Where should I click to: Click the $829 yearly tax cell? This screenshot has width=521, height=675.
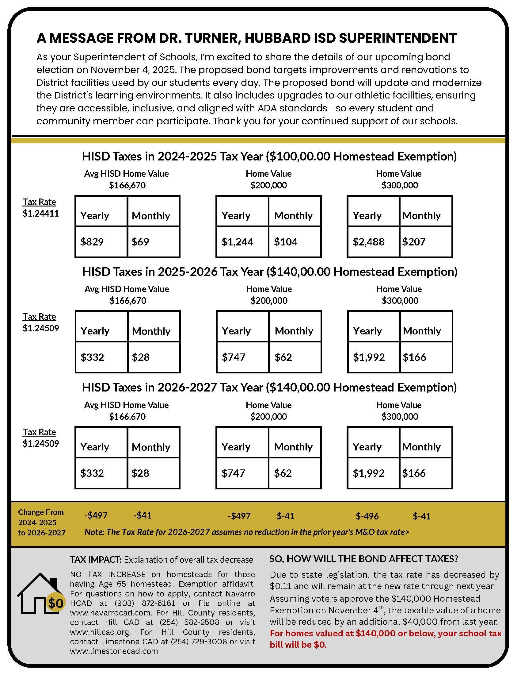tap(92, 242)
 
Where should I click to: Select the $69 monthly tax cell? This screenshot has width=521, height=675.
tap(140, 242)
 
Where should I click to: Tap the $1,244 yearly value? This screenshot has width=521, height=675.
tap(237, 242)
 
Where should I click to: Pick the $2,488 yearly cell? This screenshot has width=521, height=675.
tap(368, 242)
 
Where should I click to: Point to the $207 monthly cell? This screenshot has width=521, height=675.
tap(414, 242)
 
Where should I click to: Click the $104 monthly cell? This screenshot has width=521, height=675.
tap(286, 242)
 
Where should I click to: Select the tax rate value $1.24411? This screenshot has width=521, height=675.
tap(41, 213)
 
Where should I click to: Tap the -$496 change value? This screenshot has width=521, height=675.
tap(367, 516)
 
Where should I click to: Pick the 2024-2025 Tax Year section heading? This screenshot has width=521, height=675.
tap(269, 156)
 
